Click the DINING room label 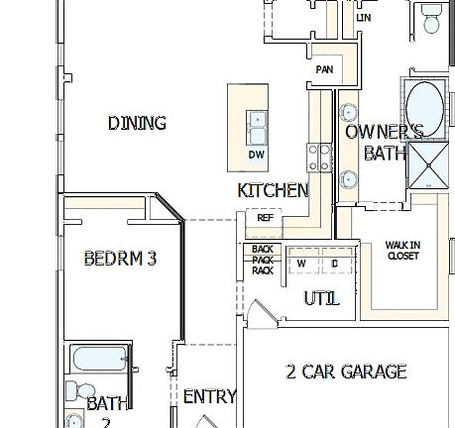[137, 123]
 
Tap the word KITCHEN [273, 190]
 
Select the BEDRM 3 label [120, 260]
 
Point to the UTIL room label [321, 298]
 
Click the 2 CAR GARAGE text [346, 373]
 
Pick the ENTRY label [209, 396]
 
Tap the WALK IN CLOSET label [402, 250]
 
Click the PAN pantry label [324, 70]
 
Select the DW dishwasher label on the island [256, 156]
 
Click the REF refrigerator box [265, 217]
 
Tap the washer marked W [301, 263]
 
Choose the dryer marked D [335, 263]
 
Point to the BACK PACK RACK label [262, 260]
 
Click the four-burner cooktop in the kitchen [319, 156]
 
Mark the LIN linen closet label [364, 18]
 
